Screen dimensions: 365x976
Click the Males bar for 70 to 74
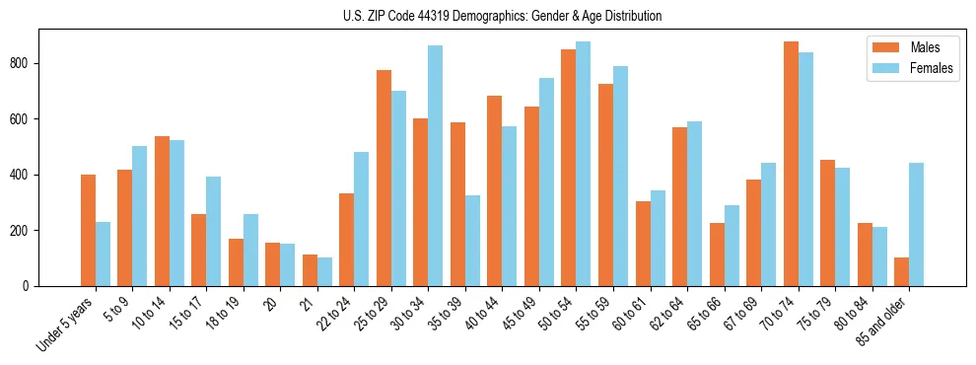tap(792, 164)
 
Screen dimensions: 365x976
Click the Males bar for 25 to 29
tap(383, 178)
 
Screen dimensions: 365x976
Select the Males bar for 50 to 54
tap(569, 168)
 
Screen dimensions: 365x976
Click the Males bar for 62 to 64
tap(680, 206)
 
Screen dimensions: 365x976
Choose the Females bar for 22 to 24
tap(362, 219)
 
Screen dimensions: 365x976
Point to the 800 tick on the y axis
tap(38, 63)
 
